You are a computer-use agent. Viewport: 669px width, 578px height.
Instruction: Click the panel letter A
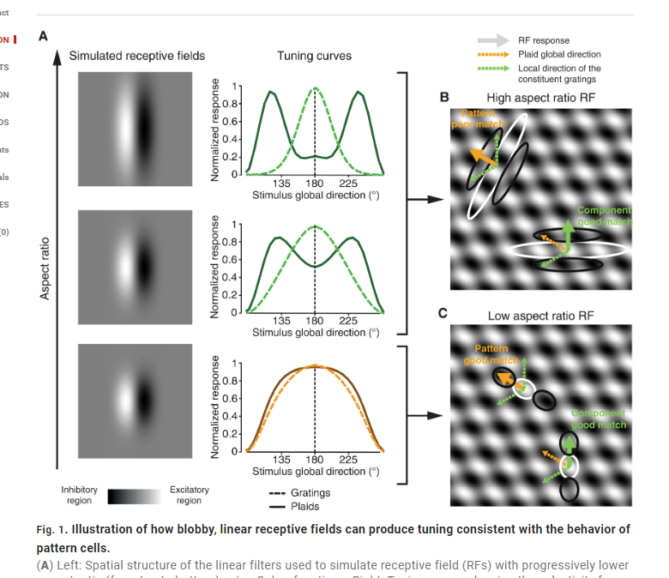43,36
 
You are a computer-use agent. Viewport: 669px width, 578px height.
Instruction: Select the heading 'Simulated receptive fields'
137,57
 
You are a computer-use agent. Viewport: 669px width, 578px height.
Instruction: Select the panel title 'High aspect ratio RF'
539,98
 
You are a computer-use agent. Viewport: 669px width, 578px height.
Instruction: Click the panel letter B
444,97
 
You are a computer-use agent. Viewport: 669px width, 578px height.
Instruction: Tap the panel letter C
443,313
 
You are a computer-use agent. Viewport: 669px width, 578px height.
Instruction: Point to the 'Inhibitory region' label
79,495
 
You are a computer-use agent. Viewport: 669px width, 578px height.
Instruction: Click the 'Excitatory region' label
189,495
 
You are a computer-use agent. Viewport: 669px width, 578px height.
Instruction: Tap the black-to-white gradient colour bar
134,496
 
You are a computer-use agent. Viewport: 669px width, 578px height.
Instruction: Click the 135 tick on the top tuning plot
281,183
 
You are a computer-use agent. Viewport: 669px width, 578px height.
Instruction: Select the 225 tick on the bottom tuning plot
349,460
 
